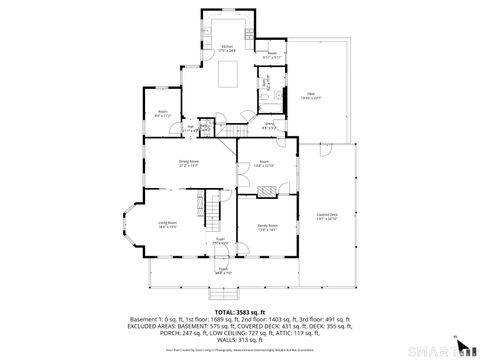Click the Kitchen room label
click(227, 47)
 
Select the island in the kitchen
click(228, 73)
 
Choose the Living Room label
click(167, 225)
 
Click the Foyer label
click(221, 242)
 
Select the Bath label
click(266, 85)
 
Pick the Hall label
click(189, 127)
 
